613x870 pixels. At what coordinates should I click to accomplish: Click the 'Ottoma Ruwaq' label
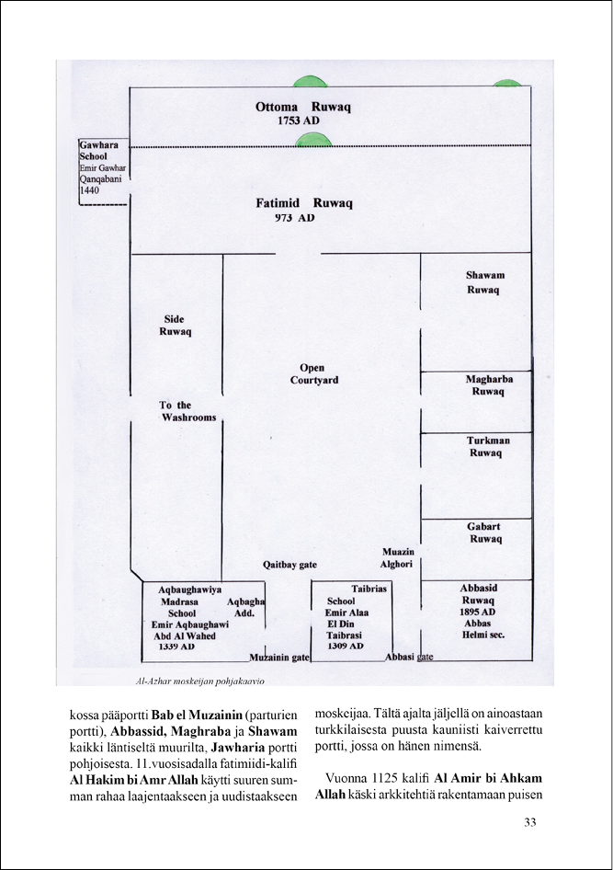303,107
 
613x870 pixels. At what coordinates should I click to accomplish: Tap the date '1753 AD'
298,121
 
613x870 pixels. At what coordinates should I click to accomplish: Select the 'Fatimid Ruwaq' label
303,203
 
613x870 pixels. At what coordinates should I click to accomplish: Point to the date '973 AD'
294,217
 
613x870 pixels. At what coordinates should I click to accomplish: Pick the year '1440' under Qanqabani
89,190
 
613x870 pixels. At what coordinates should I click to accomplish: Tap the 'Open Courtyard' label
313,374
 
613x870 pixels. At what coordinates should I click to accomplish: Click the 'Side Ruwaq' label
176,326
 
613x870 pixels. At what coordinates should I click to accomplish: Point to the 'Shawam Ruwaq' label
485,282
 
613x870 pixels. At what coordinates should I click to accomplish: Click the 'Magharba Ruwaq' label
489,385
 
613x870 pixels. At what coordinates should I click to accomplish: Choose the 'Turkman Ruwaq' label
488,447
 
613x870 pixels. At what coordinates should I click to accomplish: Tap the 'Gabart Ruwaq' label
484,532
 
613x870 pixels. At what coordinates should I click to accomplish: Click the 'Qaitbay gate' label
289,565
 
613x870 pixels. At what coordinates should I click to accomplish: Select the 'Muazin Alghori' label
397,558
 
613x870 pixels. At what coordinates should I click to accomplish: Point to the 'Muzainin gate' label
279,658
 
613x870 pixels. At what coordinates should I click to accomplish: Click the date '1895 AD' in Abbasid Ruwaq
477,612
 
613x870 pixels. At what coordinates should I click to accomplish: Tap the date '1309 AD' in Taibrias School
345,647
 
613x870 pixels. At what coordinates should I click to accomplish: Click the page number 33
530,822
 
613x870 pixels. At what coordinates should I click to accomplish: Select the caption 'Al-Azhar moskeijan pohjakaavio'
200,681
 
